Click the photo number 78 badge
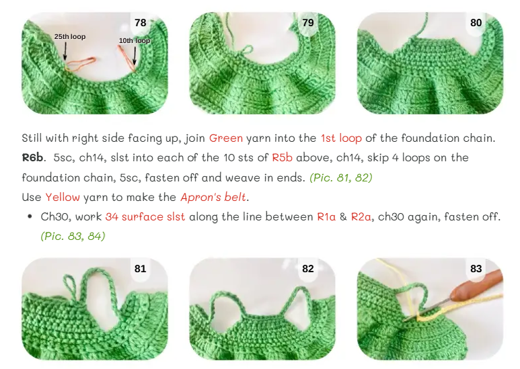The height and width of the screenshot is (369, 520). [141, 23]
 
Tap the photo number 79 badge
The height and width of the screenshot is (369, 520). [308, 23]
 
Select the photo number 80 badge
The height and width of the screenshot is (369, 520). [476, 23]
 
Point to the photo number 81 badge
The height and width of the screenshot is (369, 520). [141, 268]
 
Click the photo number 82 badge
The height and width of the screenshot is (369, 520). [308, 268]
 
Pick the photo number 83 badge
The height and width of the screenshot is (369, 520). [476, 268]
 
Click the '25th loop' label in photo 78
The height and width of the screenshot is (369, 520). [70, 36]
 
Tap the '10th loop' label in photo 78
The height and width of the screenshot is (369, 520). [135, 40]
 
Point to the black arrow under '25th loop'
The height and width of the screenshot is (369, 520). [65, 50]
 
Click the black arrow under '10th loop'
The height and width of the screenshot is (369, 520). [135, 56]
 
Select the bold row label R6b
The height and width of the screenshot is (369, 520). [32, 158]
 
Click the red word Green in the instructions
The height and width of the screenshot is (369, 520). [226, 138]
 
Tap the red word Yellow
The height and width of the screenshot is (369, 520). [63, 197]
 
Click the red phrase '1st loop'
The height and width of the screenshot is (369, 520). [341, 138]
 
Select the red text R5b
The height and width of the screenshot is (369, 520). [283, 158]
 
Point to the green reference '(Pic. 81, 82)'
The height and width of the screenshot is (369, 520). [341, 178]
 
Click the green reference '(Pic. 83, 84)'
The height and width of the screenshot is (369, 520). [73, 236]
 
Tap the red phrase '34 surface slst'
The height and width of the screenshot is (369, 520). [145, 216]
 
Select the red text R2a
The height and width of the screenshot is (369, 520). [361, 216]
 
